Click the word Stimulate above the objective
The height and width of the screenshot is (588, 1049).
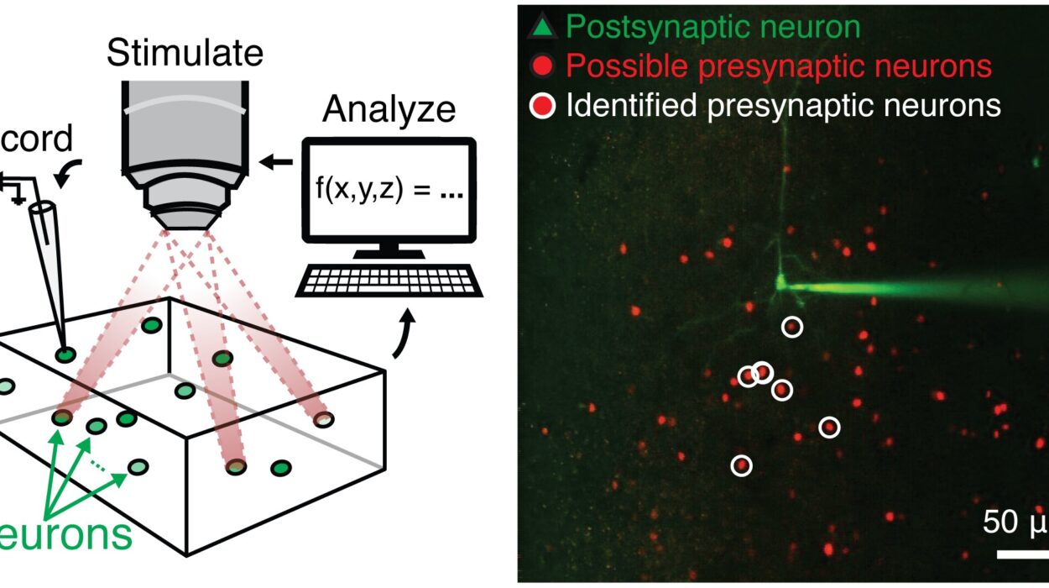pyautogui.click(x=185, y=54)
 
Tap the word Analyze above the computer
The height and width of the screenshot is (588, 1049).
pyautogui.click(x=389, y=109)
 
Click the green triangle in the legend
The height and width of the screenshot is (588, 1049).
pyautogui.click(x=542, y=29)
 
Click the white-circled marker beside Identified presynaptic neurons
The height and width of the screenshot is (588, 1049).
pyautogui.click(x=542, y=106)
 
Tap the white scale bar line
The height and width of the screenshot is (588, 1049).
pyautogui.click(x=1022, y=554)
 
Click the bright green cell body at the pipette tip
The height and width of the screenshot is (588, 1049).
pyautogui.click(x=780, y=283)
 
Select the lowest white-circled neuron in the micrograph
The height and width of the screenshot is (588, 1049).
pyautogui.click(x=741, y=465)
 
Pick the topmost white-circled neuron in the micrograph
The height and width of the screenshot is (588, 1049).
pyautogui.click(x=791, y=327)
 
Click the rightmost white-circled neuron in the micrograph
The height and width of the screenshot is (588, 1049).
pyautogui.click(x=829, y=428)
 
